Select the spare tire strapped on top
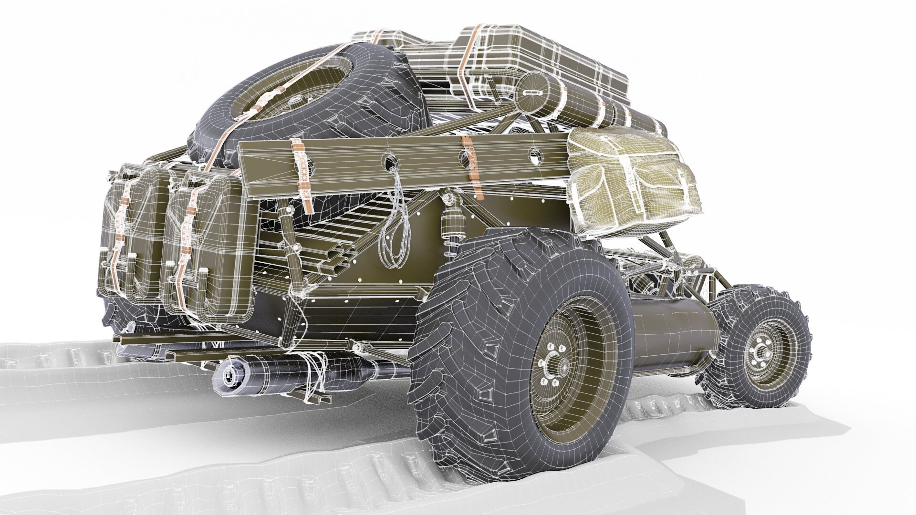click(x=305, y=91)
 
